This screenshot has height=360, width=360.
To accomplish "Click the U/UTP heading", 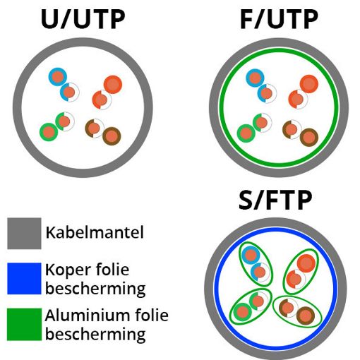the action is [83, 19].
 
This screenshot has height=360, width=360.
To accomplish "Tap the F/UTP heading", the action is [279, 19].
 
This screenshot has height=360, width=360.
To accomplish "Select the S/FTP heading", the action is [275, 200].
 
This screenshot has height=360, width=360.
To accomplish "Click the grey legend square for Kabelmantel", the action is [24, 234].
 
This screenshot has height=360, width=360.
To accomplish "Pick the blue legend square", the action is [24, 278].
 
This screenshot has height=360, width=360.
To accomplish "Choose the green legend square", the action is [24, 325].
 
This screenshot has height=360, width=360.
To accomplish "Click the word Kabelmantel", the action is [95, 232].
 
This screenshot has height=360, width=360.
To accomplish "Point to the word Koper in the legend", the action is [68, 270].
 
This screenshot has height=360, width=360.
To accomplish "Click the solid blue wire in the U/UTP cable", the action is [58, 77].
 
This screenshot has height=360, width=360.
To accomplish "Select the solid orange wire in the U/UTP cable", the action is [113, 85].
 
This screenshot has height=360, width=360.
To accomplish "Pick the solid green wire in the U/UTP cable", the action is [49, 132].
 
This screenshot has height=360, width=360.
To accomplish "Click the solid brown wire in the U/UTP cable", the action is [112, 136].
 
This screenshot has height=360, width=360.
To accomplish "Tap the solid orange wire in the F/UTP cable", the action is [309, 84].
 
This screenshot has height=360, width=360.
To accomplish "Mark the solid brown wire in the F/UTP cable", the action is [309, 138].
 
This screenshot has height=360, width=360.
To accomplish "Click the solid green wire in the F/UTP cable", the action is [246, 133].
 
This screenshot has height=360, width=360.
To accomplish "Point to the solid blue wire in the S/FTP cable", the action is [251, 256].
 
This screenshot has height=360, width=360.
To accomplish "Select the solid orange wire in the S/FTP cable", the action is [306, 263].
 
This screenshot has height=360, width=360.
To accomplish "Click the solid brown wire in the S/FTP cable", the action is [306, 316].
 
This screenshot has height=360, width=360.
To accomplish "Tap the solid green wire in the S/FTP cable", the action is [243, 312].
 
